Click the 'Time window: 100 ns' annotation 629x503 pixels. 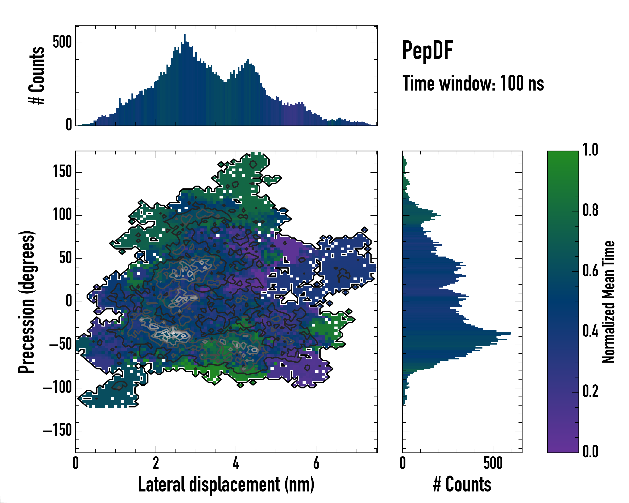473,83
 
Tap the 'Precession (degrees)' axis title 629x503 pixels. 27,302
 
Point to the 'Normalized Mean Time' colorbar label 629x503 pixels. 608,302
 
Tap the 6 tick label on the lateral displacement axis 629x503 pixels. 316,463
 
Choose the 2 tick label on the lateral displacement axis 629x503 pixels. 156,463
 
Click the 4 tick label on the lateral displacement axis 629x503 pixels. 236,463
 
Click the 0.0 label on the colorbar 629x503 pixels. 590,451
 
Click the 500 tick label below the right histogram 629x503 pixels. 493,463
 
